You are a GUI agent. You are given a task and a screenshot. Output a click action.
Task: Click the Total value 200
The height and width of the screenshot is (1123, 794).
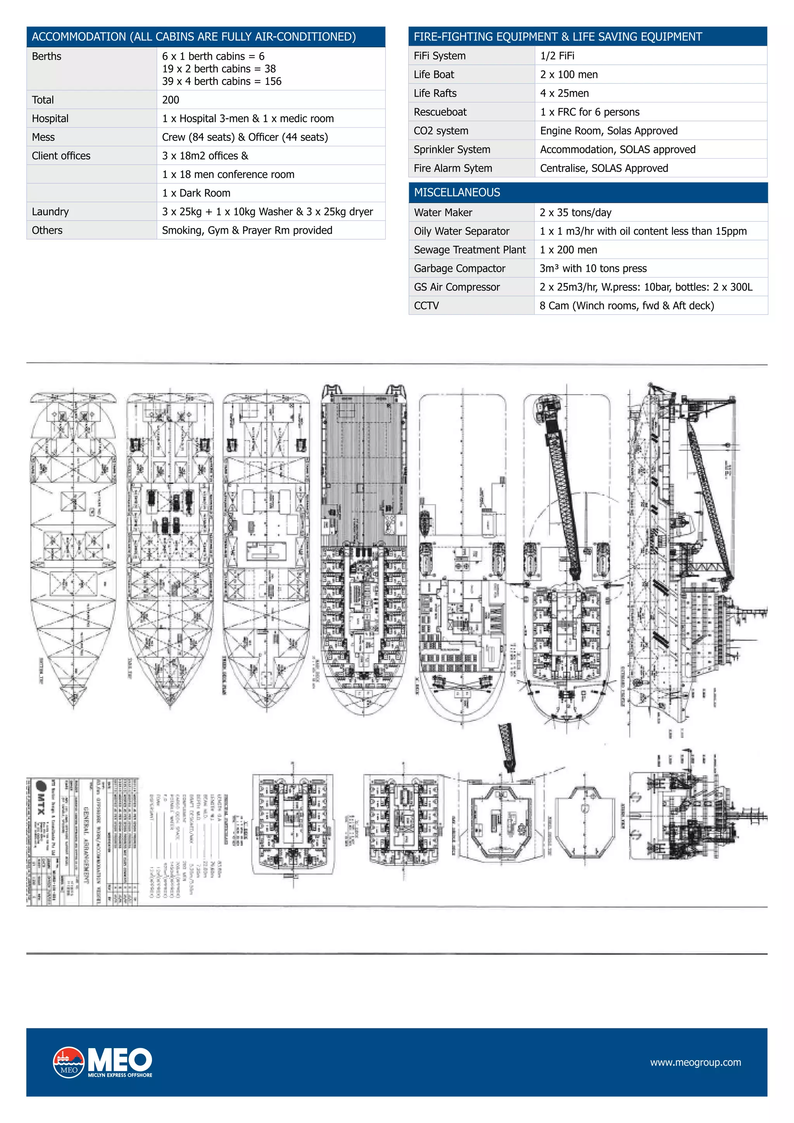point(171,100)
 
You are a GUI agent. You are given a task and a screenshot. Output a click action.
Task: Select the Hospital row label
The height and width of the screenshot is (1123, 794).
point(50,118)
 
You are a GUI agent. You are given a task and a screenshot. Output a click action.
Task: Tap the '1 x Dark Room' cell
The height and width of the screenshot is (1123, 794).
point(196,193)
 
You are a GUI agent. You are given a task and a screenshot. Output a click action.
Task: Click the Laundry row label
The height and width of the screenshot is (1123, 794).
point(50,211)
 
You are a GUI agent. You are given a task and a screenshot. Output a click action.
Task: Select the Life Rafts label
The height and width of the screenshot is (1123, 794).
point(435,93)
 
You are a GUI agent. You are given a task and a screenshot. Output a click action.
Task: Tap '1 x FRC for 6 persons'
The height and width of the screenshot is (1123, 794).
point(589,112)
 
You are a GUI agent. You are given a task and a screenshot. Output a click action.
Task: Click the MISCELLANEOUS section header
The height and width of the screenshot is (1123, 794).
point(457,192)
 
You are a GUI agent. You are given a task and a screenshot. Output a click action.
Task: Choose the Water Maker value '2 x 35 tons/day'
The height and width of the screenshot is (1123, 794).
point(575,212)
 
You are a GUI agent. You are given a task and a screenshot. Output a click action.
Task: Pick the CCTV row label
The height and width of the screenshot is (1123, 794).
point(426,306)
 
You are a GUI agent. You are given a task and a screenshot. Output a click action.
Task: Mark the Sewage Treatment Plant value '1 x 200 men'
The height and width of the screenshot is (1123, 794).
point(568,250)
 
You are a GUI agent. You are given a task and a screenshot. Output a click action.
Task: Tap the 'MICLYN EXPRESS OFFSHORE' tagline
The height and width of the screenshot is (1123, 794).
point(120,1075)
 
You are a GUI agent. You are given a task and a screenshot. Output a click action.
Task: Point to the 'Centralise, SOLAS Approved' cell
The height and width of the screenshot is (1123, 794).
point(603,168)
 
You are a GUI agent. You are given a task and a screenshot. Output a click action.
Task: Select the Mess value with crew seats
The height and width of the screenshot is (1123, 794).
point(245,137)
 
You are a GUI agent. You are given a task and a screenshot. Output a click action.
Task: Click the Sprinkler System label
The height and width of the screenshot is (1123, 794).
point(451,150)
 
